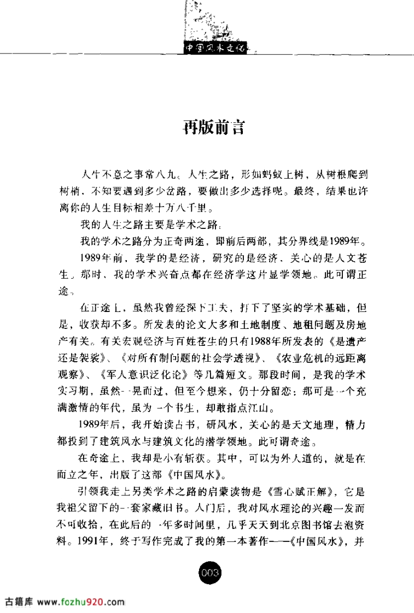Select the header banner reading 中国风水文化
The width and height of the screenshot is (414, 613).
pos(214,48)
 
